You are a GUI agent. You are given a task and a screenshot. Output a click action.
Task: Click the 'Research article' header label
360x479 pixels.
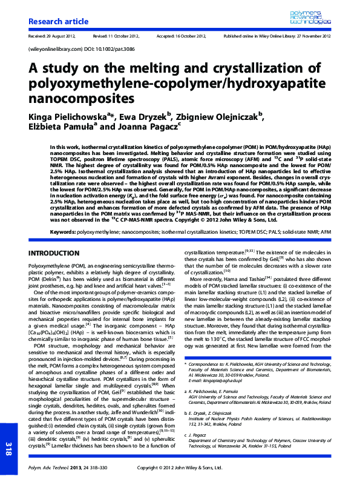tap(54, 22)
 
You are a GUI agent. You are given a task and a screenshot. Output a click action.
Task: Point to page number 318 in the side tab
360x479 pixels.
tap(8, 448)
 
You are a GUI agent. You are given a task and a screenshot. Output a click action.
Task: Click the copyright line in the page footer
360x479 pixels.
tap(182, 467)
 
